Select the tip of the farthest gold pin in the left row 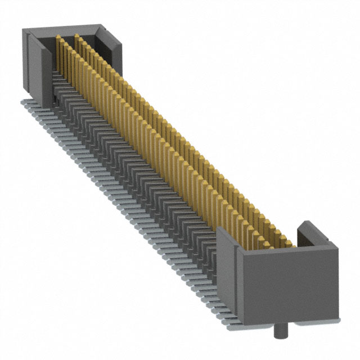pyautogui.click(x=57, y=38)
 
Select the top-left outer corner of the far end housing pyautogui.click(x=22, y=33)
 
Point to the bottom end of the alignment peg pyautogui.click(x=278, y=338)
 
